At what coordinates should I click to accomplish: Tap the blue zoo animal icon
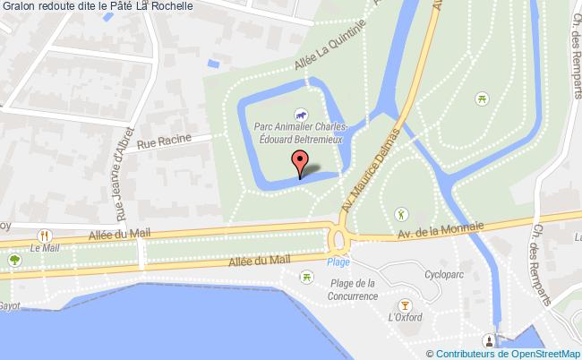point(302,116)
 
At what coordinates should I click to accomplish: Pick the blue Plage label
point(338,261)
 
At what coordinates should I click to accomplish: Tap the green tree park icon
point(14,260)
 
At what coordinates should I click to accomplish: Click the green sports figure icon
point(401,214)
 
